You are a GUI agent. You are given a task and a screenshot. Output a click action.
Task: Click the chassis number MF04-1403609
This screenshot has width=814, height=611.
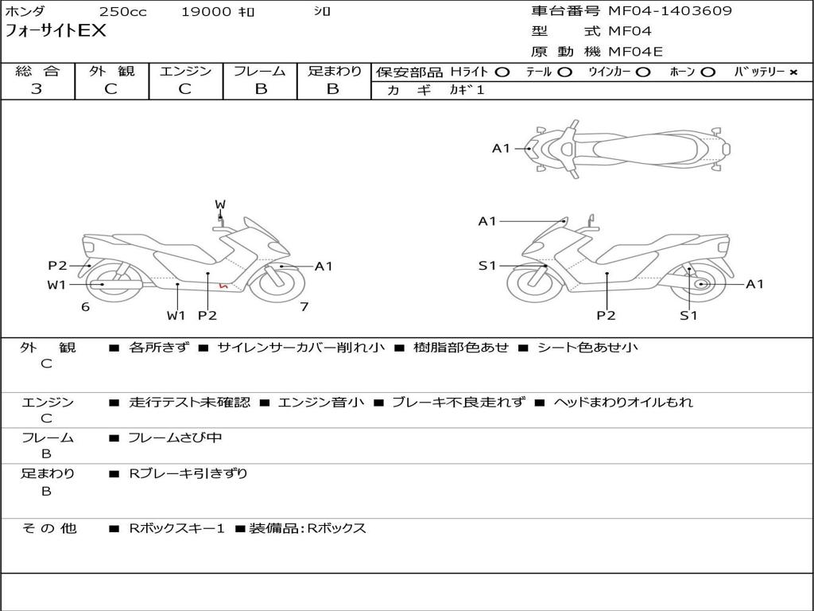(x=670, y=11)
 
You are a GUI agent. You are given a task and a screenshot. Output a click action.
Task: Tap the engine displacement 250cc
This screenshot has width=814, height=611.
(x=122, y=12)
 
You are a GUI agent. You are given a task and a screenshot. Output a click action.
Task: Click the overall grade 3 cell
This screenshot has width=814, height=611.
(x=37, y=89)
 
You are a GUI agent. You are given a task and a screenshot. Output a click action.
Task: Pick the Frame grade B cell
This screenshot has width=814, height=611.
(x=261, y=89)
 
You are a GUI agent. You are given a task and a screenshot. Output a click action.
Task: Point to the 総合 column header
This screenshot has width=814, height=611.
(x=37, y=72)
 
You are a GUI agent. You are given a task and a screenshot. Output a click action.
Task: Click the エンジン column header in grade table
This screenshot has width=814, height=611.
(x=186, y=72)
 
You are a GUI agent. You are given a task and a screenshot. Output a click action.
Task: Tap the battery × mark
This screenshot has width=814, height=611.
(x=793, y=72)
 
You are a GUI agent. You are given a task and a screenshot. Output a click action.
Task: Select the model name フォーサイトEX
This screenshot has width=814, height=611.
(x=56, y=32)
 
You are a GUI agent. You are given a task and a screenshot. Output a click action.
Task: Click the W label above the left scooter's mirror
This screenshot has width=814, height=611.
(x=220, y=204)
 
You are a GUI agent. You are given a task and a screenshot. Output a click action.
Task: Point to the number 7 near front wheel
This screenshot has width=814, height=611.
(x=304, y=306)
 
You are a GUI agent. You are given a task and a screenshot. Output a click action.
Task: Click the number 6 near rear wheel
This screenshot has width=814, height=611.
(x=85, y=306)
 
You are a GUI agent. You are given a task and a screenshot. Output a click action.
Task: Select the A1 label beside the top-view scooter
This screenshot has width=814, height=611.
(x=501, y=148)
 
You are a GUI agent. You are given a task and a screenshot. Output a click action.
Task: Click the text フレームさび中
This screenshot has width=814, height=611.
(x=176, y=438)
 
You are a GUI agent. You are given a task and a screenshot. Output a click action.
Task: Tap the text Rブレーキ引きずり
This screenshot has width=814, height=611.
(x=188, y=473)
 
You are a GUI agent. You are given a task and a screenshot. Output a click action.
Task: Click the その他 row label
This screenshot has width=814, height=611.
(x=48, y=528)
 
